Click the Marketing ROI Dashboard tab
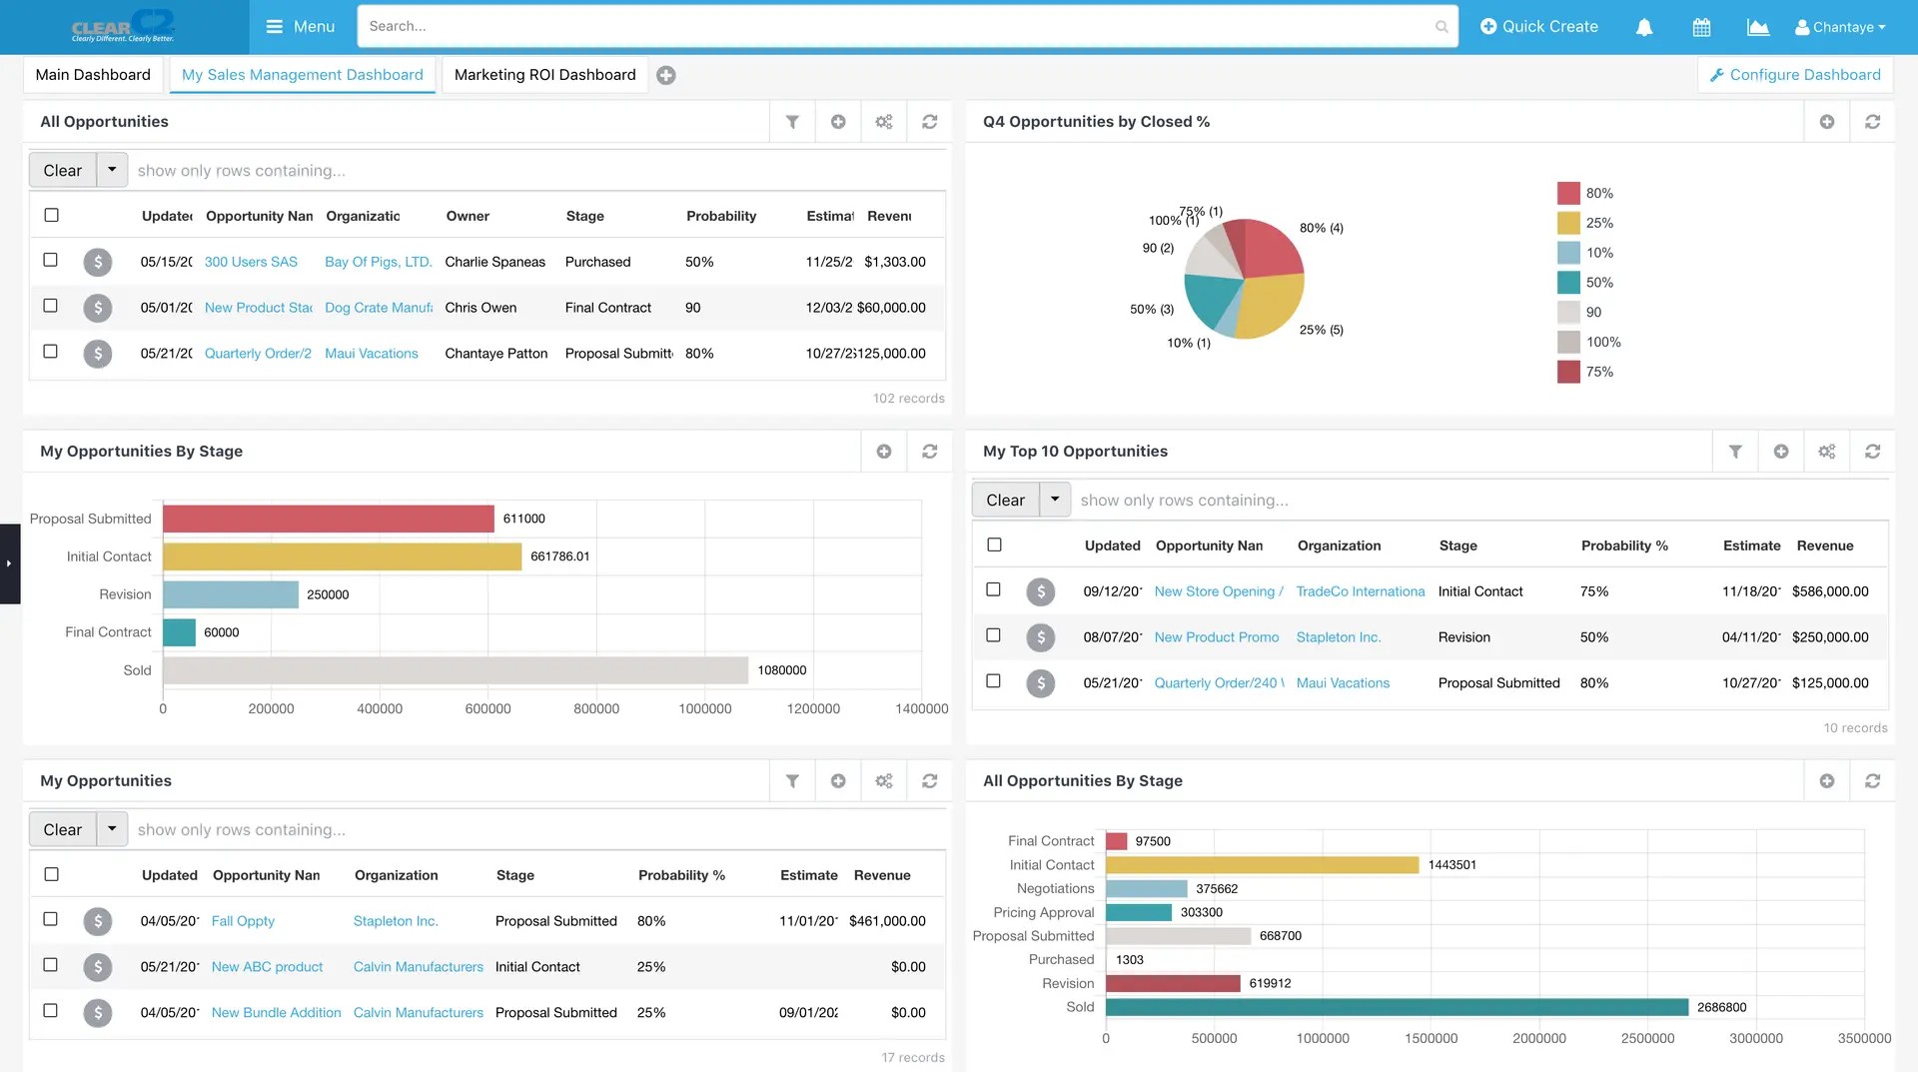[x=544, y=75]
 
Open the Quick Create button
[x=1538, y=27]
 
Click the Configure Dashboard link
[x=1795, y=75]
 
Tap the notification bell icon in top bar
[x=1643, y=27]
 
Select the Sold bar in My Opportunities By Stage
[x=455, y=670]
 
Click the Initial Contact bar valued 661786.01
[x=342, y=556]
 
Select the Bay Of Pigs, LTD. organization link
[x=378, y=262]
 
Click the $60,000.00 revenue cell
[x=891, y=308]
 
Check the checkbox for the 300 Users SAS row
[x=51, y=260]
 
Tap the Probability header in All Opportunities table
[x=720, y=216]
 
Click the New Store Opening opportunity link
[x=1218, y=591]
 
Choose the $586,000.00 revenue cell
[x=1829, y=591]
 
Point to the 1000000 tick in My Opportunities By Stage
[x=704, y=708]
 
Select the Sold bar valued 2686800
[x=1396, y=1007]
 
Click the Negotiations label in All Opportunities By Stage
[x=1055, y=888]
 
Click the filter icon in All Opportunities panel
[x=792, y=122]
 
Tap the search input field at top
[x=899, y=27]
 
